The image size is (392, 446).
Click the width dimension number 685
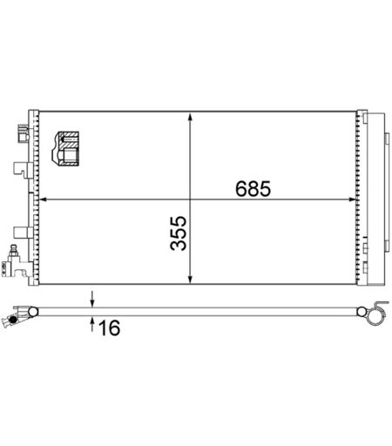pyautogui.click(x=253, y=188)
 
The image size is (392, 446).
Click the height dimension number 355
pyautogui.click(x=179, y=233)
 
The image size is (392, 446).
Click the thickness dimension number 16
pyautogui.click(x=109, y=328)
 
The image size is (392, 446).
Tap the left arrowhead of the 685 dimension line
pyautogui.click(x=43, y=199)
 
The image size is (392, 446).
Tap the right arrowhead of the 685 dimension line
pyautogui.click(x=352, y=199)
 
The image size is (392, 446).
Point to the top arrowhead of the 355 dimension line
pyautogui.click(x=190, y=118)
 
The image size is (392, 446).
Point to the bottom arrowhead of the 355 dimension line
pyautogui.click(x=190, y=279)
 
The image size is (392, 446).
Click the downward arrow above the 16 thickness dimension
pyautogui.click(x=92, y=299)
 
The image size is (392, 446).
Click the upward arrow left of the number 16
pyautogui.click(x=92, y=324)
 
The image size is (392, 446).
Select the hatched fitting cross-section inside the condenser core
pyautogui.click(x=65, y=149)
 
